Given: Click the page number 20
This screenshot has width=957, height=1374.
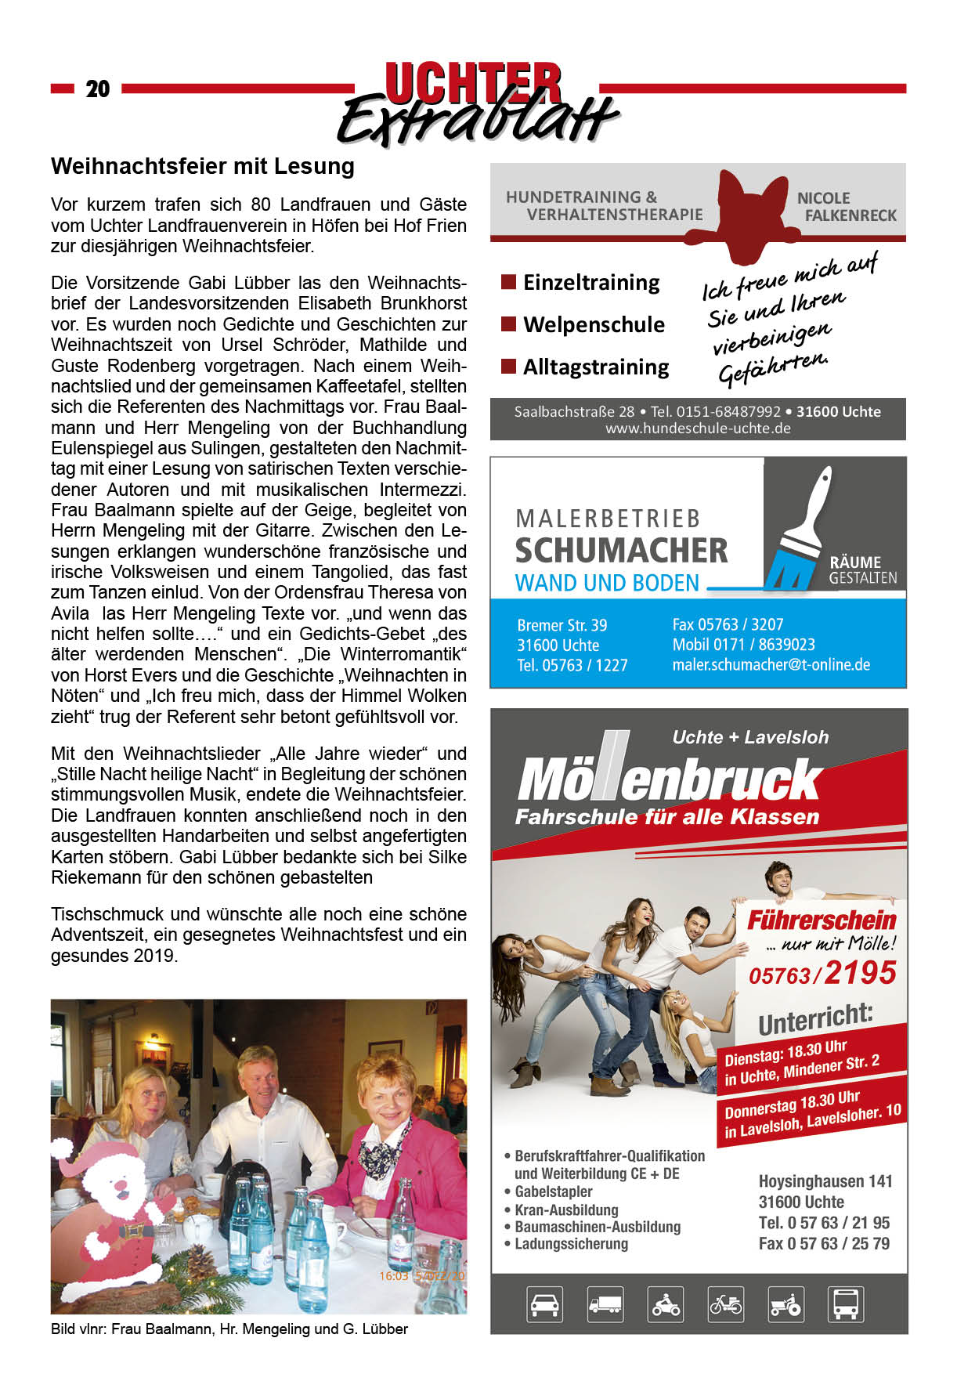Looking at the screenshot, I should [x=98, y=89].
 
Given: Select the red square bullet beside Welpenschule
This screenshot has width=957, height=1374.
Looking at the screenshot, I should [x=508, y=324].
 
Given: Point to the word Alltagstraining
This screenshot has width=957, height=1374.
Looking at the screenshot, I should [x=596, y=367].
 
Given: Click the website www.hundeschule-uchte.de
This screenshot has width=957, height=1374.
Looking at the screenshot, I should [x=698, y=428].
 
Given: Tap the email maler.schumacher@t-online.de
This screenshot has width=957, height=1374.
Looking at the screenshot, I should [x=771, y=665].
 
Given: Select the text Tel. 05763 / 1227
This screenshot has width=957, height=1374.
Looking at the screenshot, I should [x=572, y=666].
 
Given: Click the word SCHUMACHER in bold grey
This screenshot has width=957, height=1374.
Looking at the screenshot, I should [x=621, y=551].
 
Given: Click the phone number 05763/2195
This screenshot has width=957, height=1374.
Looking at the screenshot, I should [x=822, y=974].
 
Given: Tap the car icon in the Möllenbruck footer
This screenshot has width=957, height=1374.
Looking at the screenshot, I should [x=544, y=1304].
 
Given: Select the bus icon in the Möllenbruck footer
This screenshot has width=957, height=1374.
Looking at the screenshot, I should [x=846, y=1304].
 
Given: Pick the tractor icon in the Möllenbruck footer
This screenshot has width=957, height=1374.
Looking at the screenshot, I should [x=785, y=1304].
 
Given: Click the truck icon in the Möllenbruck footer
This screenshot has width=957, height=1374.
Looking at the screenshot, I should [x=605, y=1304].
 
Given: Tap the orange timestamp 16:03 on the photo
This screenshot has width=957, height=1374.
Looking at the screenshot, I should [x=393, y=1275].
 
